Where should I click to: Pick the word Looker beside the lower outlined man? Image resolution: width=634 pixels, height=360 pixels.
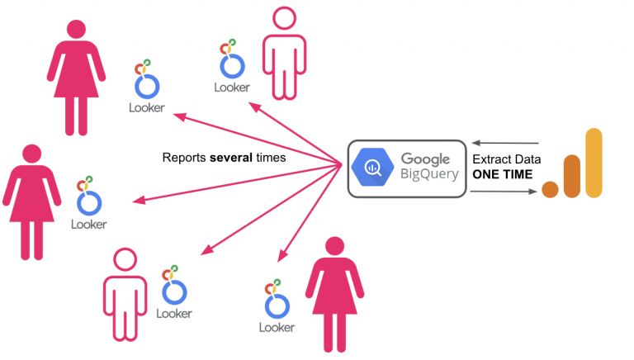173,314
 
